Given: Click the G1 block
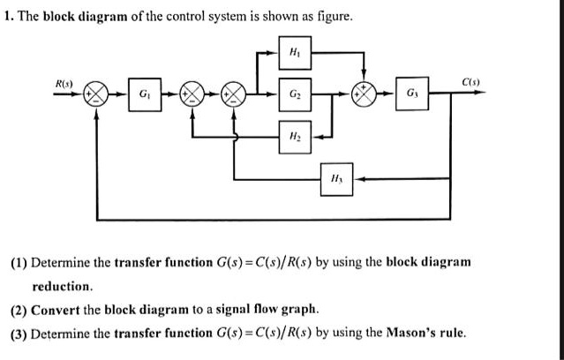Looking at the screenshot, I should (142, 94).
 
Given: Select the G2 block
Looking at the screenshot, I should (293, 94).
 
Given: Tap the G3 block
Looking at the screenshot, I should (414, 94).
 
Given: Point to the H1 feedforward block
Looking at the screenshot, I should (293, 53).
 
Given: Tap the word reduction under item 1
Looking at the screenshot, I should (63, 286).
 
